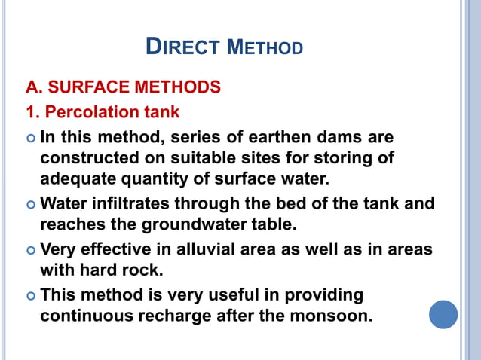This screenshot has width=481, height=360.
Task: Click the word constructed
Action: click(x=87, y=159)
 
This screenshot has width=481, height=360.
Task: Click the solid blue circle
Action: click(x=443, y=314)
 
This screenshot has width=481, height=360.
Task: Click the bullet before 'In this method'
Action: click(x=30, y=139)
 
